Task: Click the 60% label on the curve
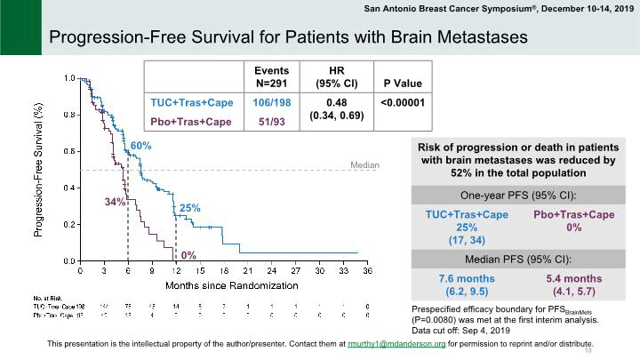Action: [140, 146]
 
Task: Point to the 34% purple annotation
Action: [115, 202]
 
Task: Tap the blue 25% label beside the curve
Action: [190, 208]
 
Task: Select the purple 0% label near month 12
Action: [188, 256]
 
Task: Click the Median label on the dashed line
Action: [364, 164]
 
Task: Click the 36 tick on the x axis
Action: [367, 269]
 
